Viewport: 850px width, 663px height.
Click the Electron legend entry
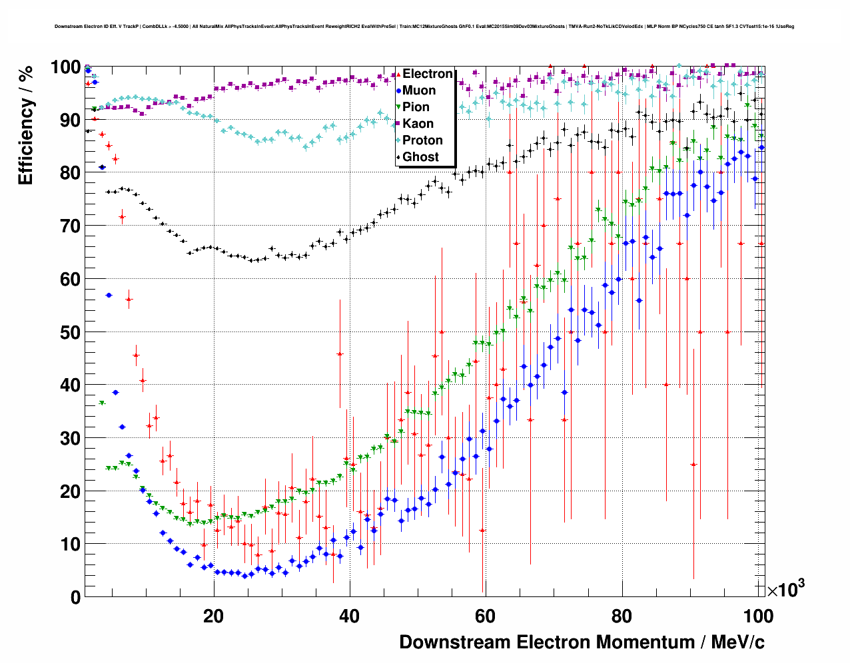click(x=427, y=74)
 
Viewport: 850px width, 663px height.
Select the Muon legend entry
click(x=419, y=91)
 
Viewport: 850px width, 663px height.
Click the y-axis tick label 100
click(x=67, y=67)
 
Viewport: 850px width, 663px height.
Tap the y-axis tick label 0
click(x=76, y=597)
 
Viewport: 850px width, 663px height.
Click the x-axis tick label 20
click(x=214, y=616)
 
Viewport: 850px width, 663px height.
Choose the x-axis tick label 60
click(x=486, y=616)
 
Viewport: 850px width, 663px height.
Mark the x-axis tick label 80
click(x=622, y=616)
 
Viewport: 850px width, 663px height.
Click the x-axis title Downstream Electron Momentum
click(x=582, y=642)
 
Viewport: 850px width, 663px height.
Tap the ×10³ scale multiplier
click(x=785, y=589)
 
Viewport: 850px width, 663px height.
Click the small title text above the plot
click(x=424, y=27)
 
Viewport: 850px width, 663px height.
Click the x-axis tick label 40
click(x=350, y=616)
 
